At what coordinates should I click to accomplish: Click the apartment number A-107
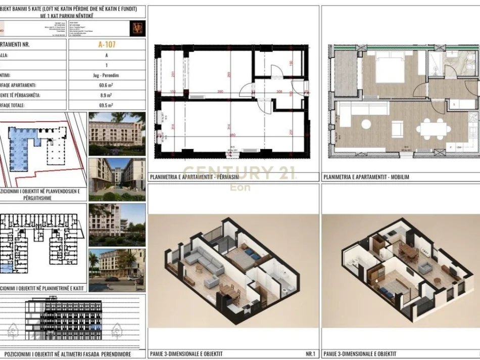coord(107,44)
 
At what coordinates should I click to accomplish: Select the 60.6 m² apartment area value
coord(107,85)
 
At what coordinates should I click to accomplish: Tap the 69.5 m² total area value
coord(107,105)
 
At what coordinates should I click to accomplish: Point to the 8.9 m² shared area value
coord(107,95)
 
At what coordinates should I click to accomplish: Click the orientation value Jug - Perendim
coord(107,75)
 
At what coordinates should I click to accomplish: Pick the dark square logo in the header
coord(137,28)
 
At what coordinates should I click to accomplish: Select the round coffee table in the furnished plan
coord(365,123)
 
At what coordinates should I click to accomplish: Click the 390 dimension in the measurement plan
coord(219,92)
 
